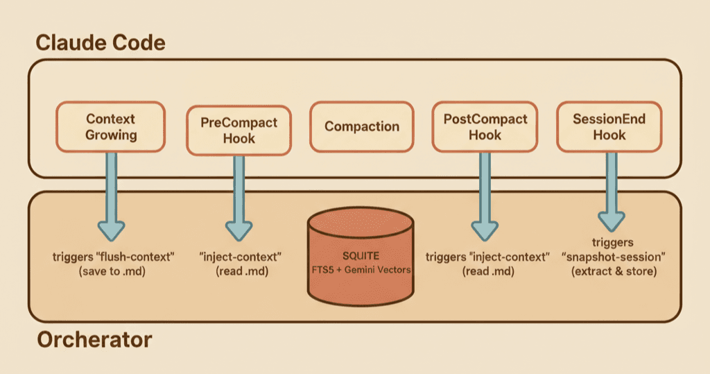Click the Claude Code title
point(100,43)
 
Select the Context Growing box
point(110,127)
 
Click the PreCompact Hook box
point(239,130)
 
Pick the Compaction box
point(362,127)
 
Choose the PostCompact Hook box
point(485,127)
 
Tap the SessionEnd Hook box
point(609,127)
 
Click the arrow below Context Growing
point(111,194)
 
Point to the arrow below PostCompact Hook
point(485,194)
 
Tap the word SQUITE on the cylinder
point(360,255)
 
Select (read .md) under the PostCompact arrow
point(488,271)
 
